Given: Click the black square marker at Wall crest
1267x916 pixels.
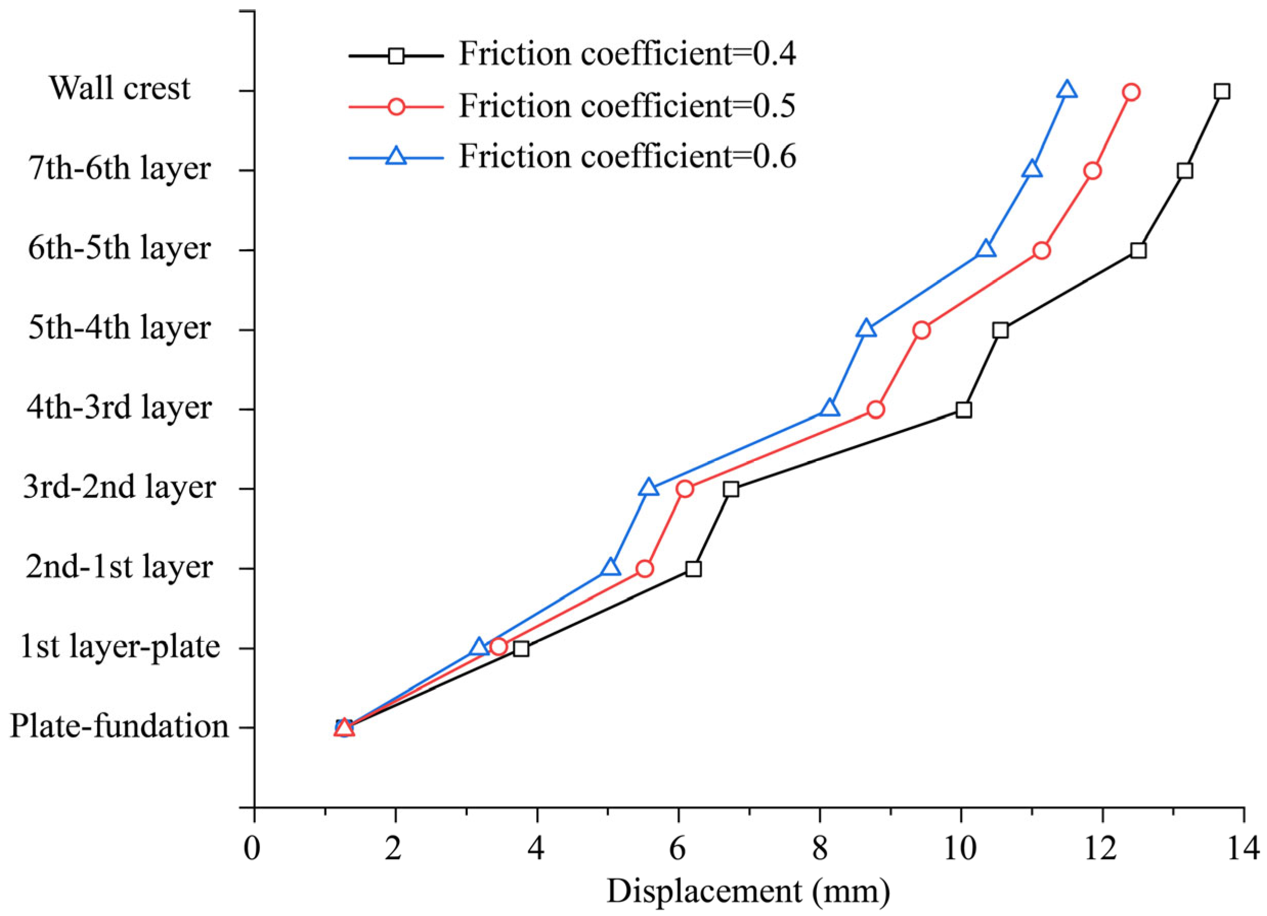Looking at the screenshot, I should [x=1222, y=92].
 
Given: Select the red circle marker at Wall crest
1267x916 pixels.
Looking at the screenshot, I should [x=1131, y=92].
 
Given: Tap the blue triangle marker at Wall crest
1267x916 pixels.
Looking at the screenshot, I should [x=1066, y=91].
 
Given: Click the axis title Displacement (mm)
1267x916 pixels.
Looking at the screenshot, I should [x=748, y=891].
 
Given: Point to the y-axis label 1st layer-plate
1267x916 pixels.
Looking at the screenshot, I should [x=120, y=647].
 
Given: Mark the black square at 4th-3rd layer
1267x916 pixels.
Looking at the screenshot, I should [x=963, y=410].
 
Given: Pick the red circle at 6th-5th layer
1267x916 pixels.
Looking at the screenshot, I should [x=1041, y=251].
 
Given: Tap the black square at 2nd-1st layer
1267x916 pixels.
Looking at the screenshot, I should [x=693, y=569].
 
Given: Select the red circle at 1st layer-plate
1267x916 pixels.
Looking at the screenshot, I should [x=498, y=647].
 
